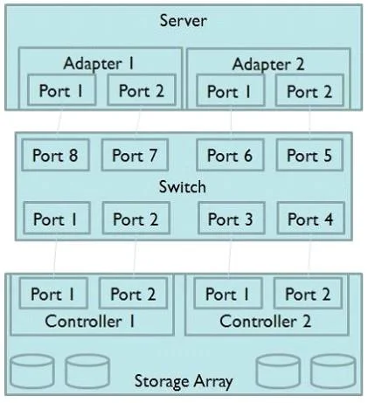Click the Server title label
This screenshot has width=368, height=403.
pyautogui.click(x=184, y=21)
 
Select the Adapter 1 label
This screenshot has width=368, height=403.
pyautogui.click(x=99, y=64)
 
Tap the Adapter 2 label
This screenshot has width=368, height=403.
pyautogui.click(x=268, y=65)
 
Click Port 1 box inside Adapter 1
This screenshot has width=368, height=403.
pyautogui.click(x=61, y=90)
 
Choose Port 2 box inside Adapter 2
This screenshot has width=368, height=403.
pyautogui.click(x=309, y=91)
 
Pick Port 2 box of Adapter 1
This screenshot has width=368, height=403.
pyautogui.click(x=142, y=90)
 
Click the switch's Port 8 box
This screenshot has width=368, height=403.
pyautogui.click(x=55, y=155)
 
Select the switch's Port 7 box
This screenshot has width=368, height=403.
pyautogui.click(x=135, y=155)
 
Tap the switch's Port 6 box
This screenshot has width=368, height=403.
pyautogui.click(x=230, y=155)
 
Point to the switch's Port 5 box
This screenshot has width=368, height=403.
pyautogui.click(x=309, y=155)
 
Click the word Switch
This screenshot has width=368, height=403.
pyautogui.click(x=183, y=187)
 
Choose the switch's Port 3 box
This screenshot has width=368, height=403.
pyautogui.click(x=232, y=219)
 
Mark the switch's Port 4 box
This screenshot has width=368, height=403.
pyautogui.click(x=311, y=219)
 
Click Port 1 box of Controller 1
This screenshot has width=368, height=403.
pyautogui.click(x=53, y=293)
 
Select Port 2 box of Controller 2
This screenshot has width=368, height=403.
pyautogui.click(x=308, y=293)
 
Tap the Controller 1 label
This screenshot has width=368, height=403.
pyautogui.click(x=90, y=322)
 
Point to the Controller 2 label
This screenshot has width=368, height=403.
pyautogui.click(x=265, y=322)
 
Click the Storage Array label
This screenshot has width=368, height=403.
pyautogui.click(x=184, y=381)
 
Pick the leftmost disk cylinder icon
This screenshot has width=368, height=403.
pyautogui.click(x=32, y=372)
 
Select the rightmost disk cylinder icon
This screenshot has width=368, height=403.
pyautogui.click(x=333, y=372)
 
